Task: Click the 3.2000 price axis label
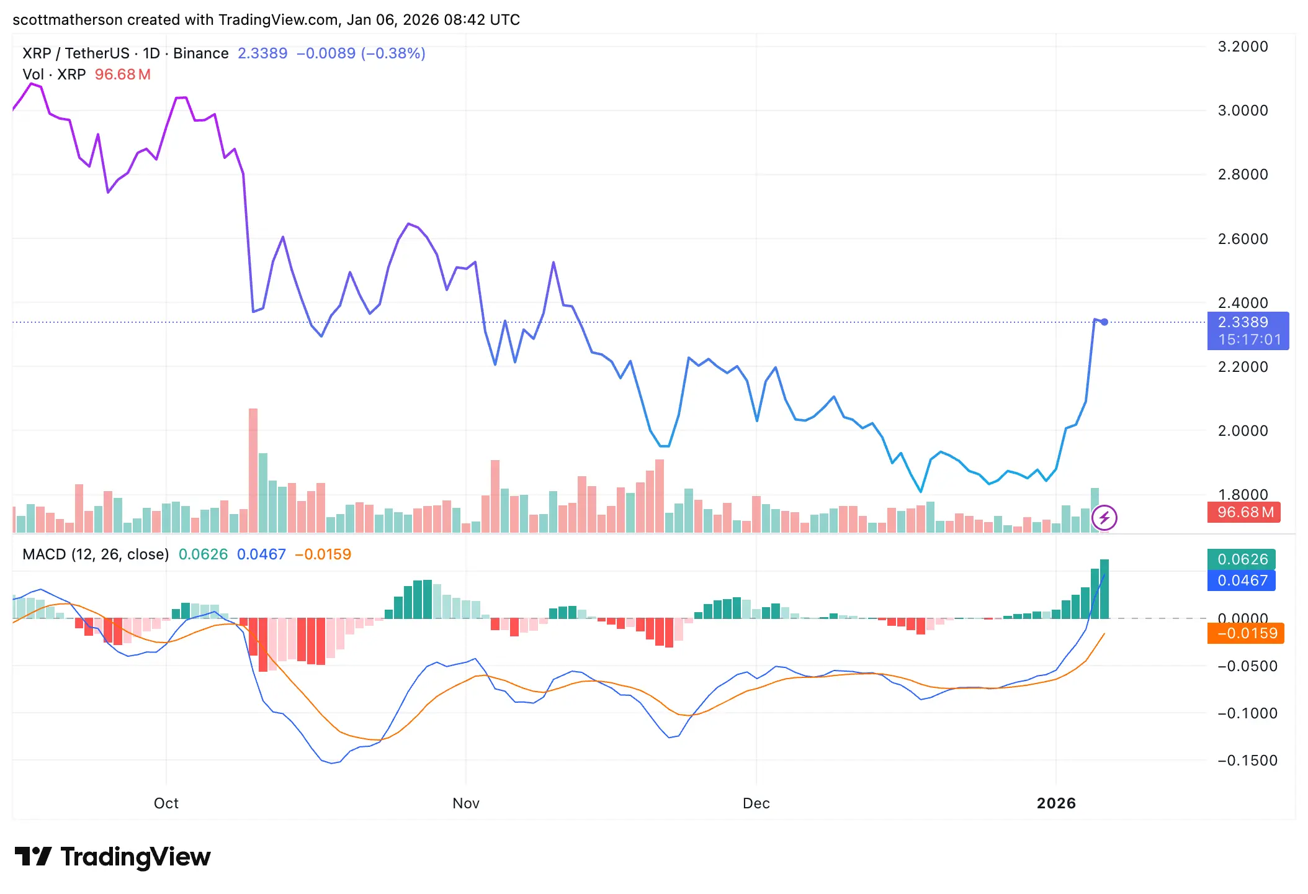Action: [x=1242, y=47]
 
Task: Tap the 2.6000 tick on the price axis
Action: [x=1242, y=239]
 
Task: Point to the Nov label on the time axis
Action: [x=465, y=803]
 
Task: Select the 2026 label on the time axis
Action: [x=1056, y=803]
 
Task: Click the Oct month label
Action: [x=166, y=803]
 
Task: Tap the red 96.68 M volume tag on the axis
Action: [x=1243, y=512]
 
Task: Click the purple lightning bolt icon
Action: [x=1104, y=518]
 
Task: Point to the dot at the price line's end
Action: [x=1104, y=322]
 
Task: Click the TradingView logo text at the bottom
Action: [x=135, y=857]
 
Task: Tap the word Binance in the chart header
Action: [x=200, y=53]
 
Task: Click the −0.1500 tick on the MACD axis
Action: [x=1247, y=761]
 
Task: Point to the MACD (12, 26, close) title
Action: [x=96, y=554]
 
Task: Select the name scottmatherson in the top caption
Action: [x=67, y=20]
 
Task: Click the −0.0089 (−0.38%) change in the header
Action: [x=361, y=53]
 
